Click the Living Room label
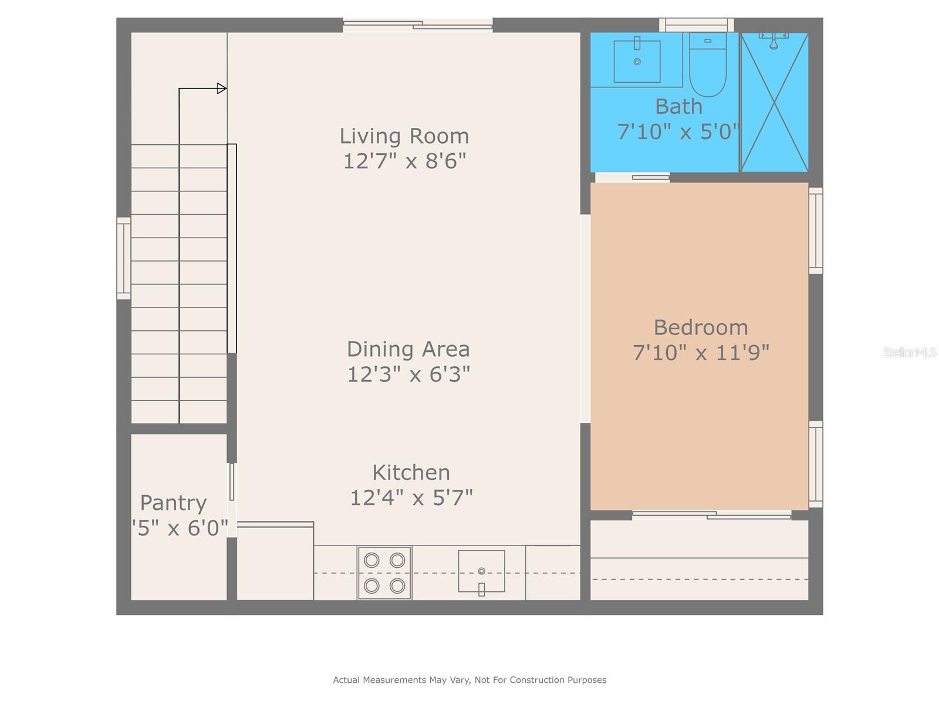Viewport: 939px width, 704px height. coord(404,136)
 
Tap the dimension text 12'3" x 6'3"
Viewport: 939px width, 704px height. coord(408,374)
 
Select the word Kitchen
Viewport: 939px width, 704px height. coord(411,472)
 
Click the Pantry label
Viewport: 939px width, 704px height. coord(173,503)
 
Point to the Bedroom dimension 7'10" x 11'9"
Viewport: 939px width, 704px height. coord(701,353)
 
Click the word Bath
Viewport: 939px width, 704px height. coord(678,107)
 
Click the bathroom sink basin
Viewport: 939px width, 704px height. coord(637,61)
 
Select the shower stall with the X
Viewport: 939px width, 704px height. coord(775,103)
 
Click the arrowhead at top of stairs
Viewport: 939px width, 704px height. coord(222,89)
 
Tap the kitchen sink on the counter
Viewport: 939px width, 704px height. coord(481,571)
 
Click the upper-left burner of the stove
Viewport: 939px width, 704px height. coord(371,560)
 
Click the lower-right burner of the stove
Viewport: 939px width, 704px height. coord(397,585)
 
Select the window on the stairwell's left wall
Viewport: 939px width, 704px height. coord(123,258)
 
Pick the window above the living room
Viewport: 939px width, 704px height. coord(417,25)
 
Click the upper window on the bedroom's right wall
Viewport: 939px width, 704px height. coord(816,231)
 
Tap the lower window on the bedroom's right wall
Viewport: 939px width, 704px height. coord(816,464)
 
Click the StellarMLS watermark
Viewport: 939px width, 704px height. coord(909,353)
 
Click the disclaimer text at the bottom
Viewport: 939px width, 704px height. coord(469,680)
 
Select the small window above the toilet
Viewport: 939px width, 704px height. coord(696,25)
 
